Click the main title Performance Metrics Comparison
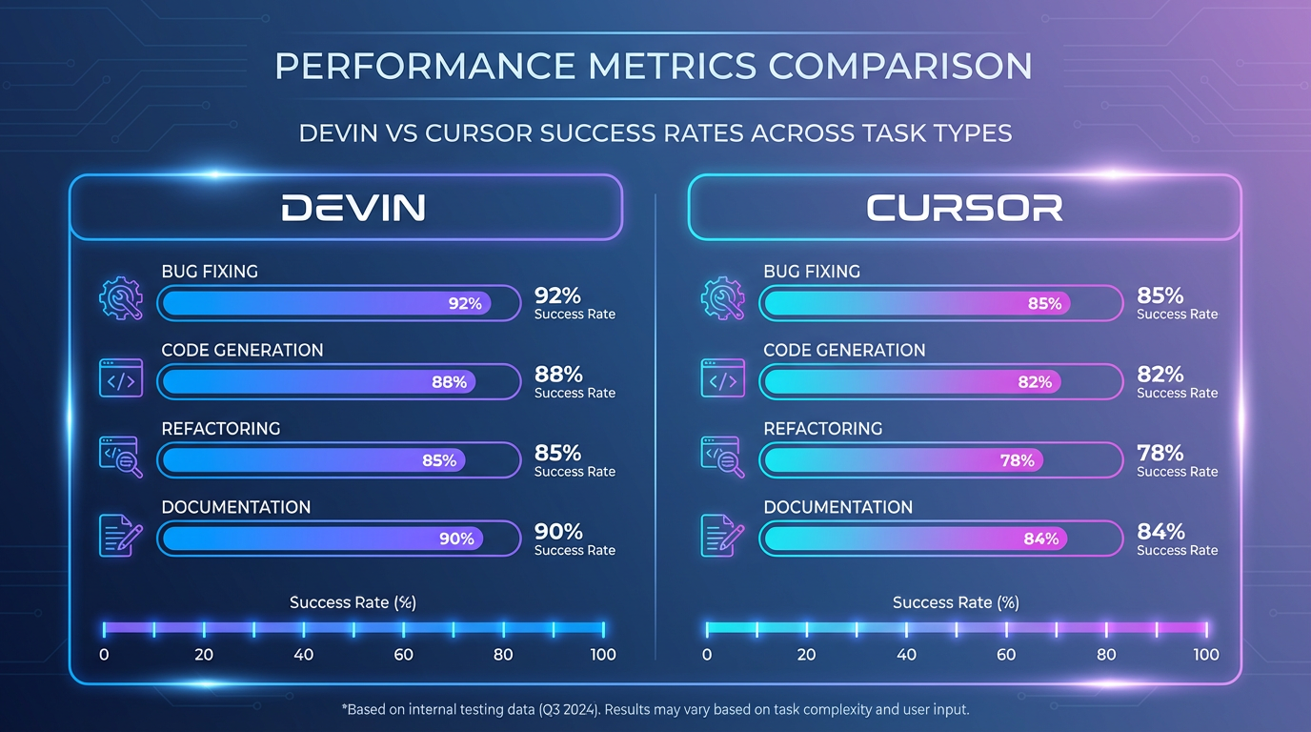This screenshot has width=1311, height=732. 654,67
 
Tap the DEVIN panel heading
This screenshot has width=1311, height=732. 353,208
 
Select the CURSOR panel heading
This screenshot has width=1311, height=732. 964,208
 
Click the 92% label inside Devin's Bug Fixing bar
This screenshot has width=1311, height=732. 465,304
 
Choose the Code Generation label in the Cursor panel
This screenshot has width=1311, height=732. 844,350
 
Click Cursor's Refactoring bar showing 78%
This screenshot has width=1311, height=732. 901,460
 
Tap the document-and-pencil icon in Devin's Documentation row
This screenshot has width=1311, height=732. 121,535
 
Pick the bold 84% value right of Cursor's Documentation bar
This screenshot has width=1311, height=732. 1160,531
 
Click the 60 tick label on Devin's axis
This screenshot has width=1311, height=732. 404,655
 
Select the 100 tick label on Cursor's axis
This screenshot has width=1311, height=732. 1206,655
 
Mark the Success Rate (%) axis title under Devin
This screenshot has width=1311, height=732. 353,602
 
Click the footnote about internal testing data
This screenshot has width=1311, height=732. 655,710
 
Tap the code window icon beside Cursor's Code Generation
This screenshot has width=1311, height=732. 723,378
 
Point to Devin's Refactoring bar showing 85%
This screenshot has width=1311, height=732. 313,460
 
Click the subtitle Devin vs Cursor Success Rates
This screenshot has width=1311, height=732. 655,132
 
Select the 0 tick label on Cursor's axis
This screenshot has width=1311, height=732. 707,655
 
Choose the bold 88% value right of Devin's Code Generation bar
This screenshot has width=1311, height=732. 558,374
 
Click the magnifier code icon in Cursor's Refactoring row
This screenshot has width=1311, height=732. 723,457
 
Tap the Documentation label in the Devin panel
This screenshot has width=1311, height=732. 236,507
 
